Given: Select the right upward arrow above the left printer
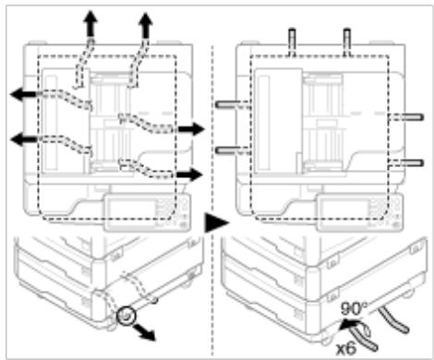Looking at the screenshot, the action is (x=145, y=26).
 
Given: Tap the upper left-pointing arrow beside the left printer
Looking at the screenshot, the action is (x=25, y=94).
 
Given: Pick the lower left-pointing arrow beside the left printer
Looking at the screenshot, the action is (x=24, y=139).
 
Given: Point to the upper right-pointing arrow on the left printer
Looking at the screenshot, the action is (x=191, y=128).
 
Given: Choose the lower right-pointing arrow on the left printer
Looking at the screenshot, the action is (x=189, y=174).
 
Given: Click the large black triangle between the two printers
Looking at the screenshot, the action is (x=217, y=222).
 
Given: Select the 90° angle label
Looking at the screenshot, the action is (x=354, y=308).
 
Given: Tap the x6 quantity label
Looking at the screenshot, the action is (x=346, y=349).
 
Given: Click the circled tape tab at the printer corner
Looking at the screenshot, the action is (x=126, y=316).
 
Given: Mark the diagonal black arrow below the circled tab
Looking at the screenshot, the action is (x=143, y=332).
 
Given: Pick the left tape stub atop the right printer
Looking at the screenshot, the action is (x=292, y=42).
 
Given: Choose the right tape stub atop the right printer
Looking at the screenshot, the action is (x=347, y=42).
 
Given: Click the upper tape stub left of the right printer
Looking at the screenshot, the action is (x=233, y=104).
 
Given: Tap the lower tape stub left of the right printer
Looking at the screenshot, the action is (x=233, y=150).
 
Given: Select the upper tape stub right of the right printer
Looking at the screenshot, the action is (x=405, y=117).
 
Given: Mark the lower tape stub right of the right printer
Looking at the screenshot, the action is (x=405, y=162).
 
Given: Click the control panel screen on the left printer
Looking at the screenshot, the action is (x=131, y=211).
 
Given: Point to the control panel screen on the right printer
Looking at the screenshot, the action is (x=344, y=211).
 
